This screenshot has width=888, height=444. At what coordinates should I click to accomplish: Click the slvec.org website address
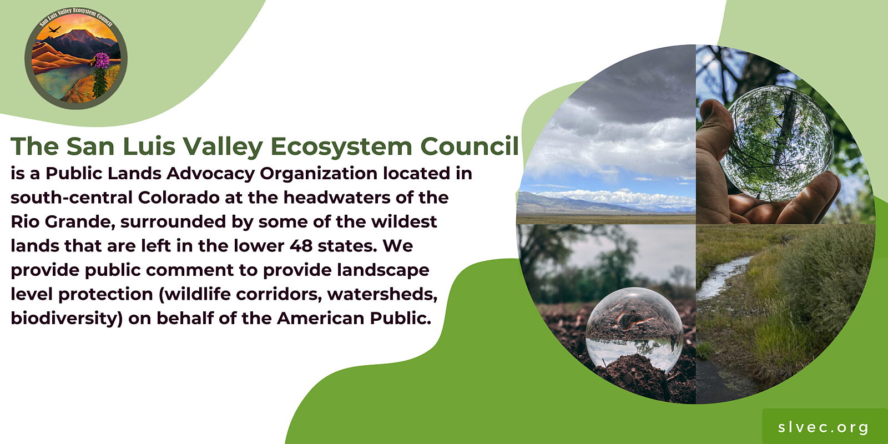tap(824, 427)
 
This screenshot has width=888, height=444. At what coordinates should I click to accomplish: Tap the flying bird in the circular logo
tap(54, 29)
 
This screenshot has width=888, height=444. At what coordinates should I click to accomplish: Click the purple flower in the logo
tap(102, 60)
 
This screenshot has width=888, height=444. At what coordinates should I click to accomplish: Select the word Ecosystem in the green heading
tap(341, 147)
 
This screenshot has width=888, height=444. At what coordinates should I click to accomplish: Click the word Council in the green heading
tap(470, 146)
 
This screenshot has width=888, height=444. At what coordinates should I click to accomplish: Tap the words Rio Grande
tap(63, 222)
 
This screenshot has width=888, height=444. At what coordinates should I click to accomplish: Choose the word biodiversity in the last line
tap(67, 319)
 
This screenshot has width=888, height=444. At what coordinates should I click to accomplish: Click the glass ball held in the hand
tap(776, 143)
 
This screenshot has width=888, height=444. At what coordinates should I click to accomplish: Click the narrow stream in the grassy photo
tap(722, 278)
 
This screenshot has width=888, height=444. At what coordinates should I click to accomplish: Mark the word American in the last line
tap(320, 319)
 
